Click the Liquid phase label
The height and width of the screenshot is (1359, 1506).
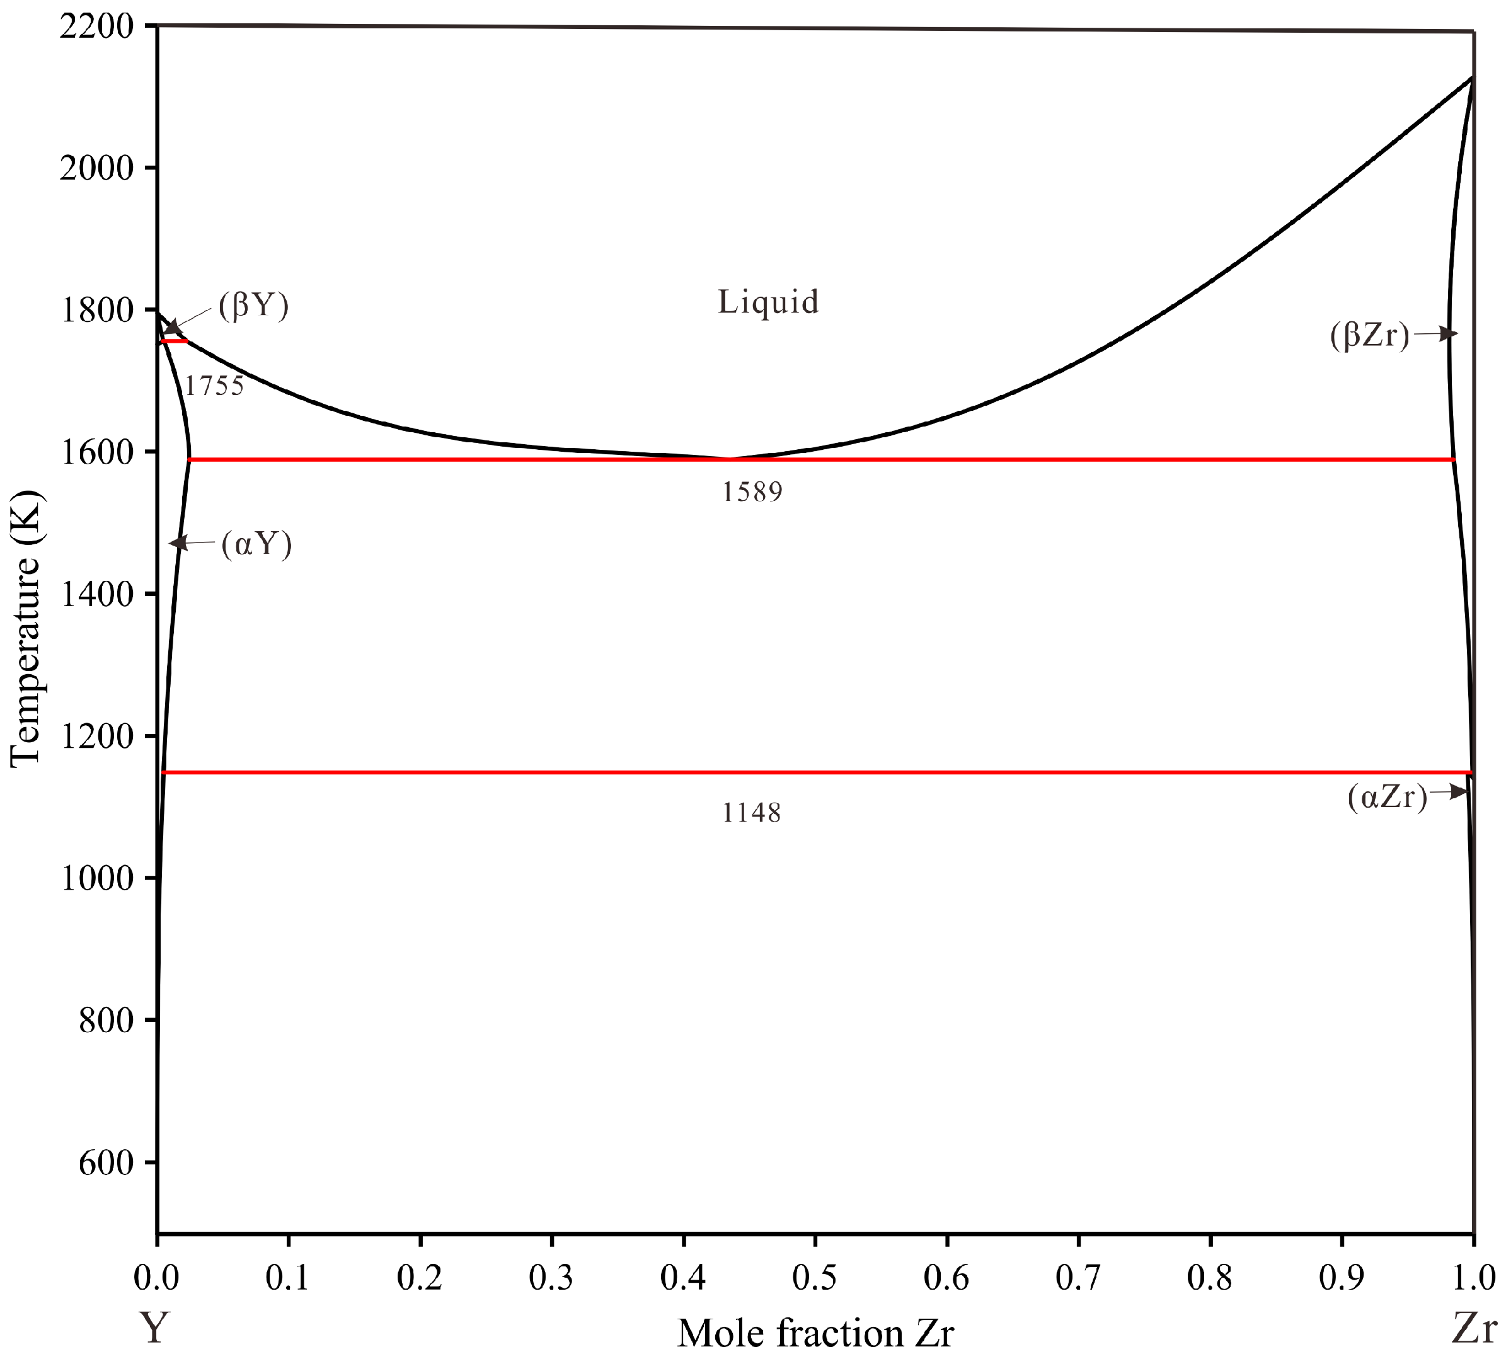click(768, 302)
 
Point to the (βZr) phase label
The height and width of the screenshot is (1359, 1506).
click(1369, 335)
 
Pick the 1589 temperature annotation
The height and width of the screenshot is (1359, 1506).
click(752, 491)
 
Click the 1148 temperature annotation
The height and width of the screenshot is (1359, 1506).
click(751, 812)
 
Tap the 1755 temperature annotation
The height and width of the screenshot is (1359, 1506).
click(214, 386)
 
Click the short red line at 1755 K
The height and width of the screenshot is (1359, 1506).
click(175, 341)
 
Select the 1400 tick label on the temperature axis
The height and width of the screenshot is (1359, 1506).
click(96, 594)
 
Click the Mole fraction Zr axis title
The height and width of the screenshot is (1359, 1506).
click(815, 1333)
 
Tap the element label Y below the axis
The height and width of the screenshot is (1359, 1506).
click(154, 1328)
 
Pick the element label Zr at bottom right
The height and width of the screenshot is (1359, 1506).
click(1473, 1328)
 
